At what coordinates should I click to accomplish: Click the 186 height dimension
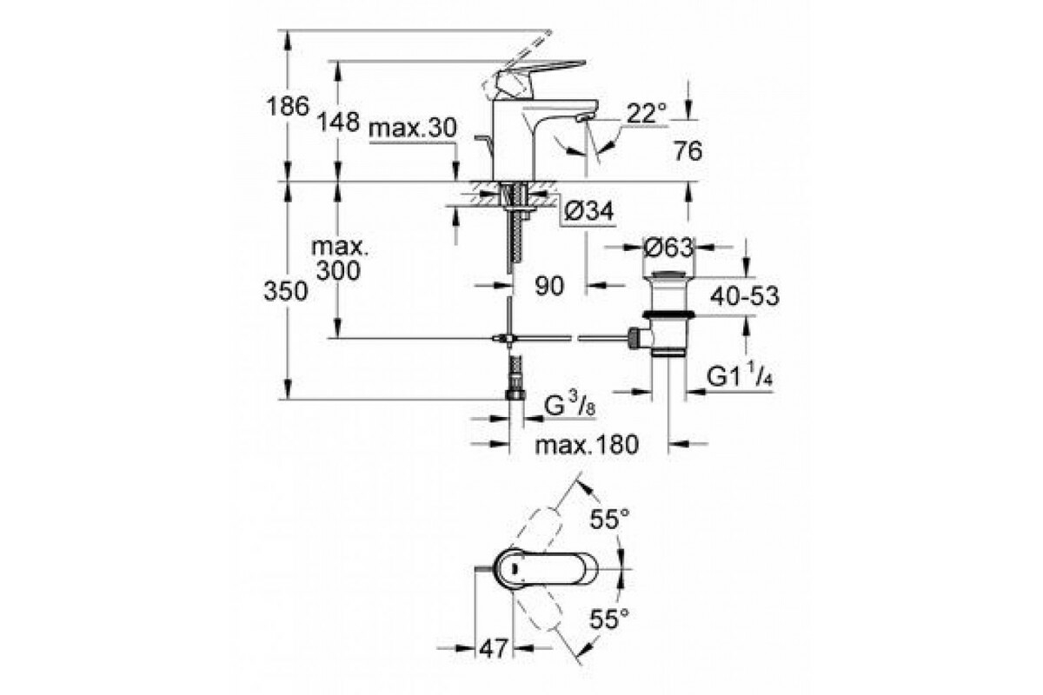(x=288, y=106)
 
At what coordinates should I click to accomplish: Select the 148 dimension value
(x=338, y=122)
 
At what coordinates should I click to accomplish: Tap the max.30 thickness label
(x=413, y=128)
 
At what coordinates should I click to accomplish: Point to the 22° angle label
(x=647, y=113)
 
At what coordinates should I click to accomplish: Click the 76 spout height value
(x=688, y=151)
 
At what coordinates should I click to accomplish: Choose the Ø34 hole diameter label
(x=589, y=212)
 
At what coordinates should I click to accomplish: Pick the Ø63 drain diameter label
(x=668, y=248)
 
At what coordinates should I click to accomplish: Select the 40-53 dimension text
(x=745, y=296)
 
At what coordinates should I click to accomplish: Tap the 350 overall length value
(x=286, y=291)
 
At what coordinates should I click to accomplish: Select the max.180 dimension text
(x=587, y=445)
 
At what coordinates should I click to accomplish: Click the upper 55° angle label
(x=609, y=519)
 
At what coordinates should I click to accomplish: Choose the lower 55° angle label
(x=609, y=619)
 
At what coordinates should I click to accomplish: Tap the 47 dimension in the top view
(x=493, y=649)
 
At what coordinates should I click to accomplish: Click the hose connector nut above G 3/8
(x=515, y=394)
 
